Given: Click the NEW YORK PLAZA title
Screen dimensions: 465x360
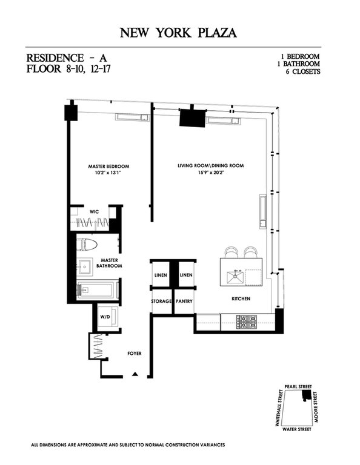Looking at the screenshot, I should point(180,31).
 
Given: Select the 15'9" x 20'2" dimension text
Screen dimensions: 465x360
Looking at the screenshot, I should point(215,173).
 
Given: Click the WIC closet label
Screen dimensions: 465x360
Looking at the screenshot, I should point(95,211).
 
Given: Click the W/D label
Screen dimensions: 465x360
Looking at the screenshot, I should point(105,316).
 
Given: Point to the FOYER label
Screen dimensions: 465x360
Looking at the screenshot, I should point(134,352).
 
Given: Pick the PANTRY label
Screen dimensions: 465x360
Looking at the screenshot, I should point(184,301).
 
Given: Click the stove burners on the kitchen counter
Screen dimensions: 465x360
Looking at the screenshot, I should point(247,320).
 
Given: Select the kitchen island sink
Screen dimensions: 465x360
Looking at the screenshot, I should point(235,278).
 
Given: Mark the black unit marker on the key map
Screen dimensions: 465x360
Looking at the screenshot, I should point(307,395).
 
